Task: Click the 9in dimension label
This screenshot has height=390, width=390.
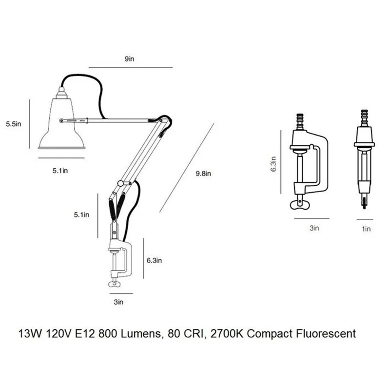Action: [x=129, y=59]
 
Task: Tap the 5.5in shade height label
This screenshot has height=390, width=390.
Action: [x=14, y=124]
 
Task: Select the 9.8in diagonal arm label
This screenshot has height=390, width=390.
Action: [x=203, y=174]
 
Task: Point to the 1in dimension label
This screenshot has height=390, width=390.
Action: [x=366, y=229]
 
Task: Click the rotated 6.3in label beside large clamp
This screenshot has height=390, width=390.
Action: [x=273, y=164]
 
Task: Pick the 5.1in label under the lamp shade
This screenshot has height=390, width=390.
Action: [x=60, y=171]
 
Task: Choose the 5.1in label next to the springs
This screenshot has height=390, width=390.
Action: [x=81, y=214]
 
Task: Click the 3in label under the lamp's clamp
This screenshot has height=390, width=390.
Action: [x=118, y=302]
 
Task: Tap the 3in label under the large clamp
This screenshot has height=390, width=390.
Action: [x=314, y=228]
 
